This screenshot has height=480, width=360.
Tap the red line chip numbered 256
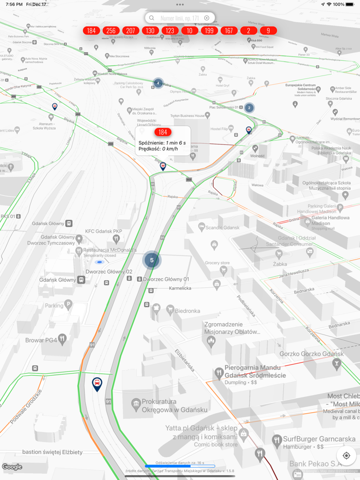coord(111,31)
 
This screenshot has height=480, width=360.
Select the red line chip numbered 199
coord(209,31)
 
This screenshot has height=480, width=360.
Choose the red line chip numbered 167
coord(229,31)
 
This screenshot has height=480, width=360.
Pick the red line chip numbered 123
coord(170,31)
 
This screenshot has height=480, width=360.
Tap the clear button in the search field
coord(207,18)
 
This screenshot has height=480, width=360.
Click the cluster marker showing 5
coord(152,260)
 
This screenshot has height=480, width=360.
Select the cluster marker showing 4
coord(158,83)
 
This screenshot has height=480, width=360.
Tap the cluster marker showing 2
coord(249,108)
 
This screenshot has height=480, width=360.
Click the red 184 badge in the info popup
coord(163,132)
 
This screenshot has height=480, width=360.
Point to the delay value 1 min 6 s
coord(175,142)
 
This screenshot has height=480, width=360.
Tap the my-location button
coord(346,455)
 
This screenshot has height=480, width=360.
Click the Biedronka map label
coord(187,311)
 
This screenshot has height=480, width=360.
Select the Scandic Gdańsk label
coord(222,228)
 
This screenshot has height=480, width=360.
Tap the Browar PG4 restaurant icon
coord(62,339)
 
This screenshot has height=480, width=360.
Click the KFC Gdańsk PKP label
coord(103,231)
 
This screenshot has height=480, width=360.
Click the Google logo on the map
coord(12,467)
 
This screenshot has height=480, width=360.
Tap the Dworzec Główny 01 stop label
coord(166,279)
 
